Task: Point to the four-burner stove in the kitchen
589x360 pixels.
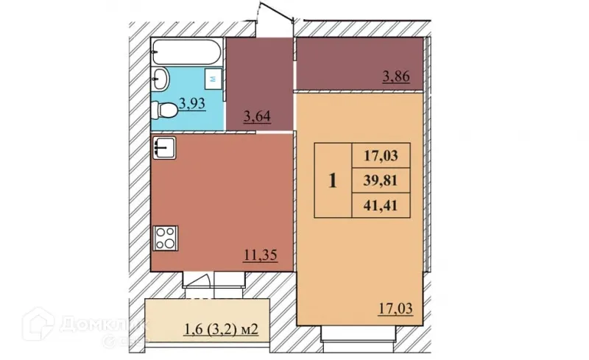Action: coord(165,238)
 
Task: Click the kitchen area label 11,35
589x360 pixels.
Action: coord(259,255)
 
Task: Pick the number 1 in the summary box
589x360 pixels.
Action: coord(333,180)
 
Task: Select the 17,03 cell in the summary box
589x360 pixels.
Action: coord(381,156)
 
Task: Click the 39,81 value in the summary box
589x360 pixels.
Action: coord(381,180)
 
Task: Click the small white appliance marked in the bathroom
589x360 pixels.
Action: coord(214,77)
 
